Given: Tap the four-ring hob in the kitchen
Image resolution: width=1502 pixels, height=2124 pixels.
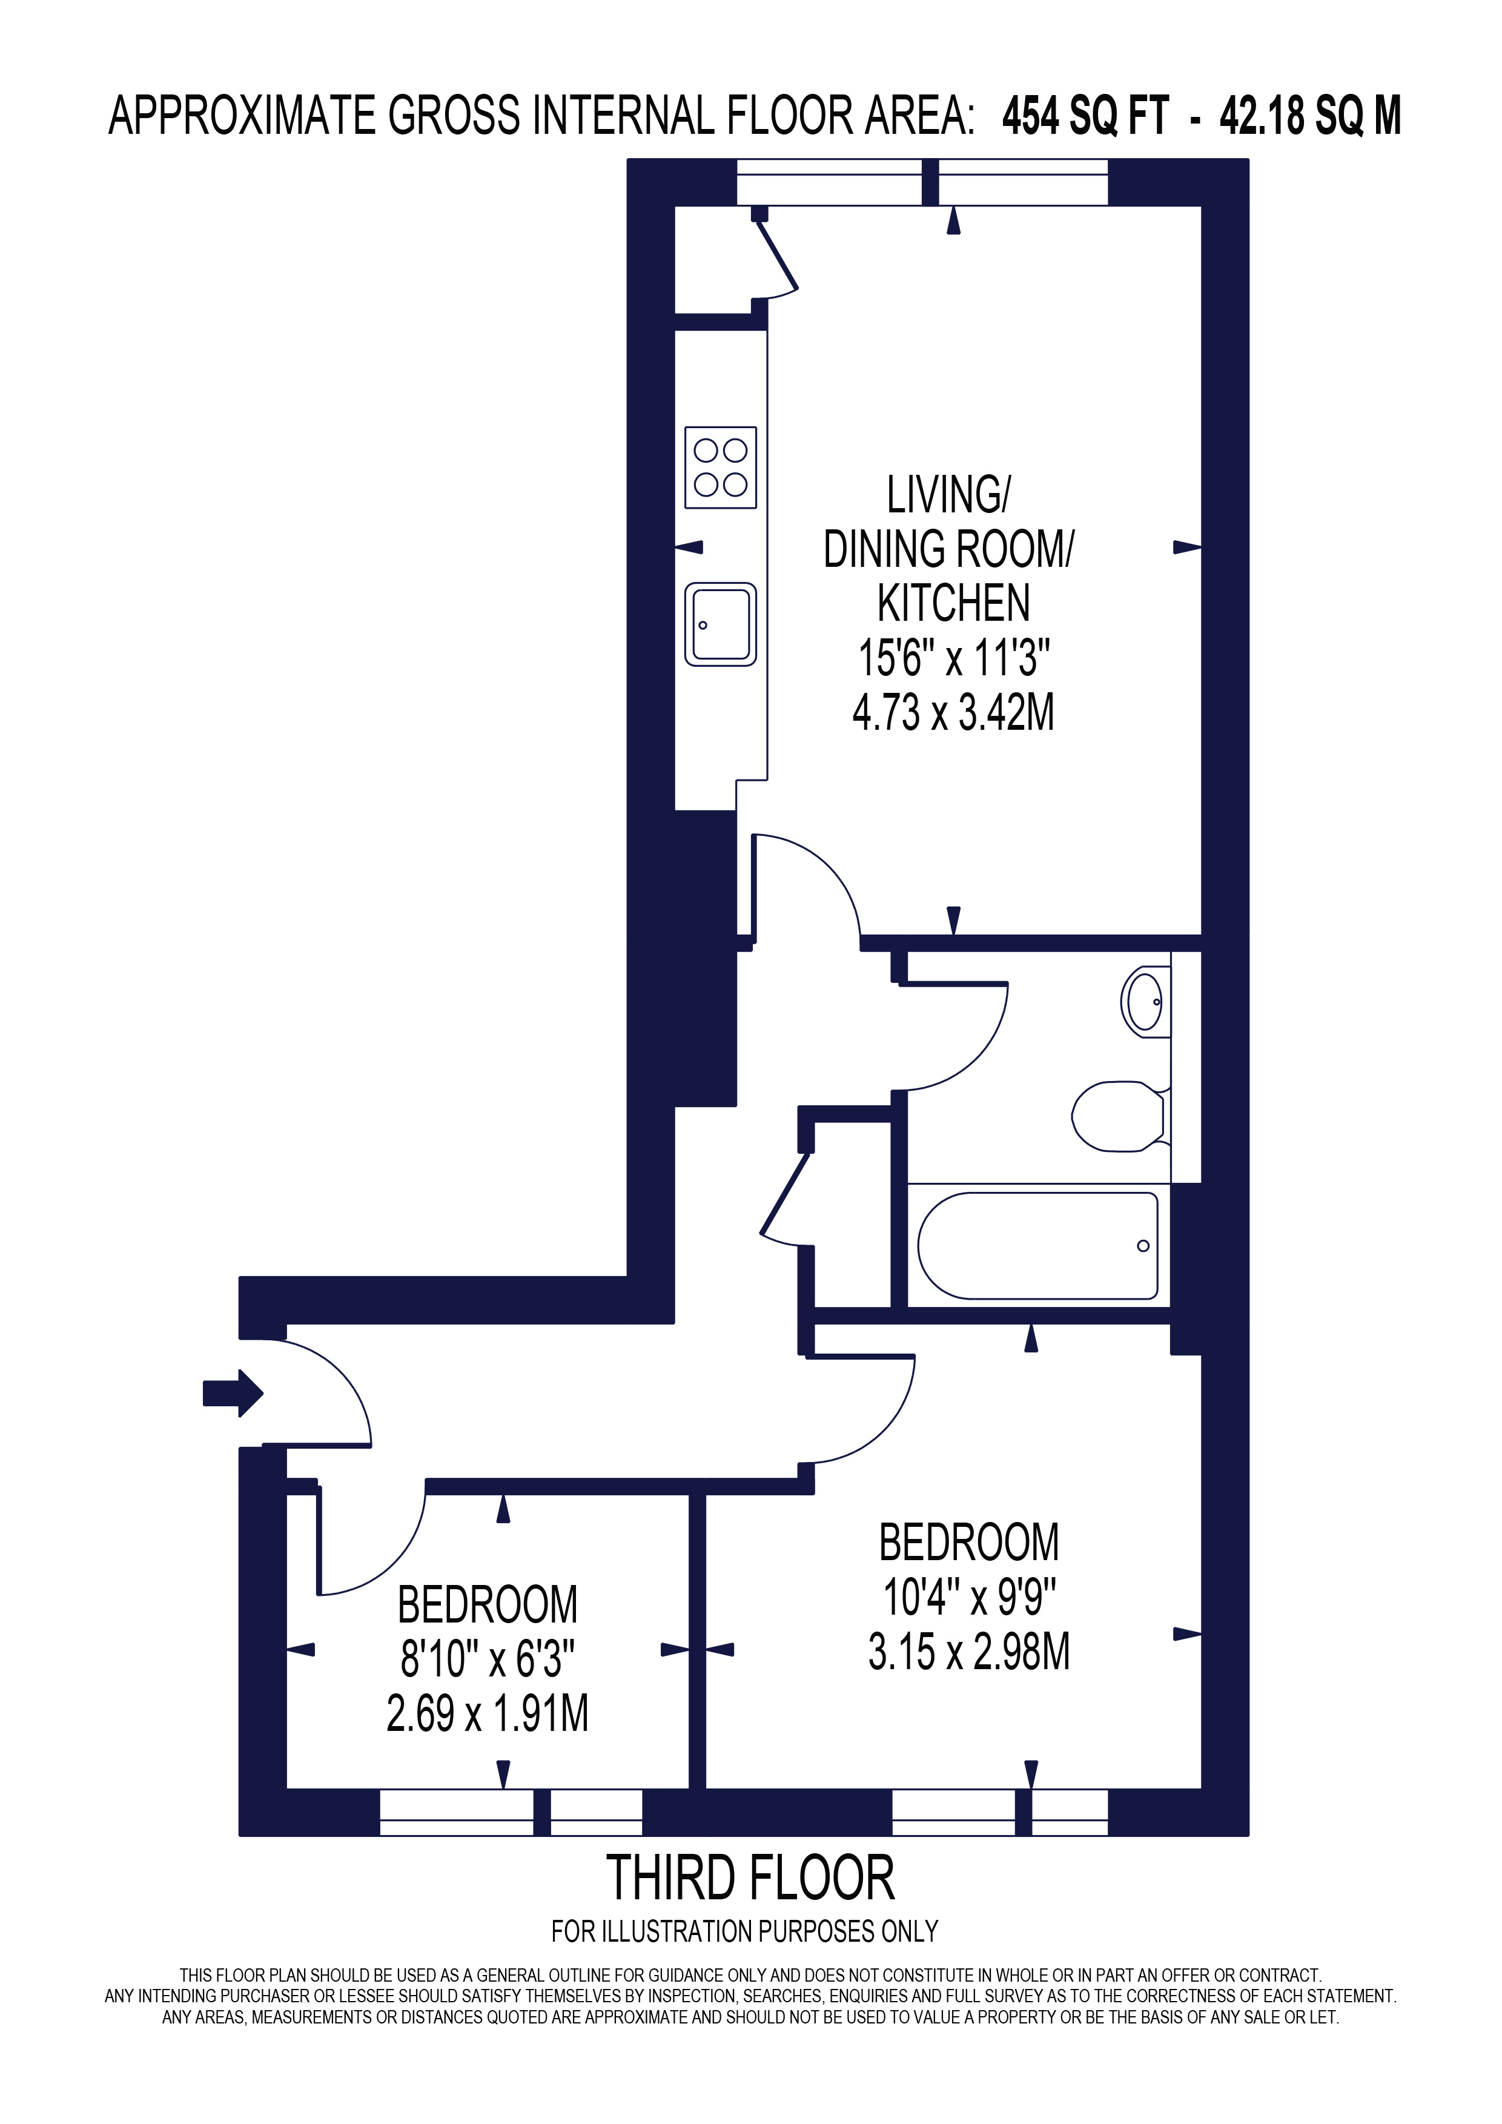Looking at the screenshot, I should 721,466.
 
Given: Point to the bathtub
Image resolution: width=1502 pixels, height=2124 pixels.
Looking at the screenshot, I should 1037,1245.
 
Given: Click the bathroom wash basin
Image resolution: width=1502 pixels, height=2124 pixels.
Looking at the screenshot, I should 1145,1001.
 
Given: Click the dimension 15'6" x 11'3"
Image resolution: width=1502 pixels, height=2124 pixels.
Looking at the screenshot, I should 953,659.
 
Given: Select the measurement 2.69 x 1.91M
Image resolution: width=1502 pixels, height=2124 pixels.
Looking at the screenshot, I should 488,1713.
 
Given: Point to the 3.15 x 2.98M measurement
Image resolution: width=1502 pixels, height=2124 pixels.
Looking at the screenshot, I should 968,1651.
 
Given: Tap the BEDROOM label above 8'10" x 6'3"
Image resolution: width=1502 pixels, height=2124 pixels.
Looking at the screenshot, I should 488,1605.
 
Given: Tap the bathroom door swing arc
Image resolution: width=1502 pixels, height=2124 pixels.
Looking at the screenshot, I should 981,1054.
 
